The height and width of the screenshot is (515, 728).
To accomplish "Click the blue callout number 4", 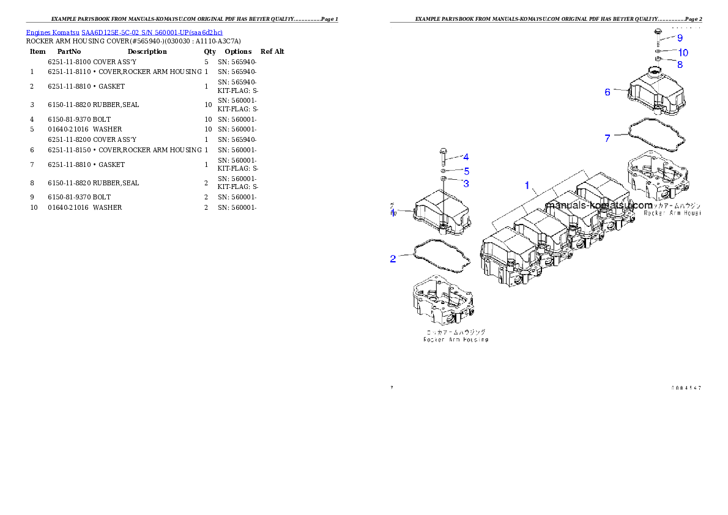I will tap(466, 157).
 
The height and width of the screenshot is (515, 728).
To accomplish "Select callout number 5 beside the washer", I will tap(466, 171).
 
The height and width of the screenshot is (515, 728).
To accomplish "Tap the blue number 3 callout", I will tap(466, 183).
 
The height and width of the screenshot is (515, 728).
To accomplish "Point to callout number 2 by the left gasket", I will tap(393, 259).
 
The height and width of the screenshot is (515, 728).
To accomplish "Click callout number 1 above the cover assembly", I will tap(526, 185).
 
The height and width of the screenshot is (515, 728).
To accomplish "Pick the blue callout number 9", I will tap(680, 38).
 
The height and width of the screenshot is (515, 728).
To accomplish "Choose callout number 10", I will tap(683, 53).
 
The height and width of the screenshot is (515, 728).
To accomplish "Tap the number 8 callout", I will tap(680, 64).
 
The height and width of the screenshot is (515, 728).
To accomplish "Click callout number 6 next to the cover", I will tap(607, 92).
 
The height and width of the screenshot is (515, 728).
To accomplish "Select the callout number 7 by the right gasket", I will tap(607, 138).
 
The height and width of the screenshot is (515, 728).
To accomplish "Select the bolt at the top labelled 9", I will tap(658, 32).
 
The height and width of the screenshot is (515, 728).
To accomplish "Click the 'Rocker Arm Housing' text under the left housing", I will tap(456, 339).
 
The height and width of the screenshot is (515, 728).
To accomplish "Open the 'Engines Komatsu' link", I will tap(124, 32).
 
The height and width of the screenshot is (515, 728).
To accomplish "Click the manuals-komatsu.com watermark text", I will tap(599, 206).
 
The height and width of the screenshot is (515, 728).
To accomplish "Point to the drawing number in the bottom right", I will tap(685, 388).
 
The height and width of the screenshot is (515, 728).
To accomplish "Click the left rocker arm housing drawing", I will tap(441, 301).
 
